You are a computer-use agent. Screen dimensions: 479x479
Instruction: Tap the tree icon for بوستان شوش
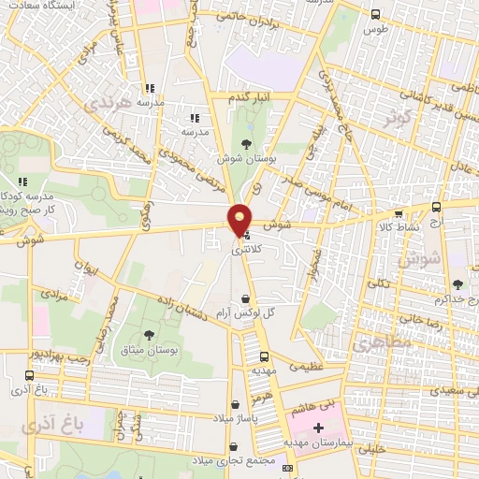coord(245,143)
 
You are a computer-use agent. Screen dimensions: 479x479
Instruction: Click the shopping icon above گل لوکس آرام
coord(245,298)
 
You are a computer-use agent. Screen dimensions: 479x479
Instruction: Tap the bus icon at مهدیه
coord(264,356)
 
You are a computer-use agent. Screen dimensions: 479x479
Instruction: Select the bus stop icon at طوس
coord(375,14)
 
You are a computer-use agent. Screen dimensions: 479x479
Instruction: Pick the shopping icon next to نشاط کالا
coord(399,214)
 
